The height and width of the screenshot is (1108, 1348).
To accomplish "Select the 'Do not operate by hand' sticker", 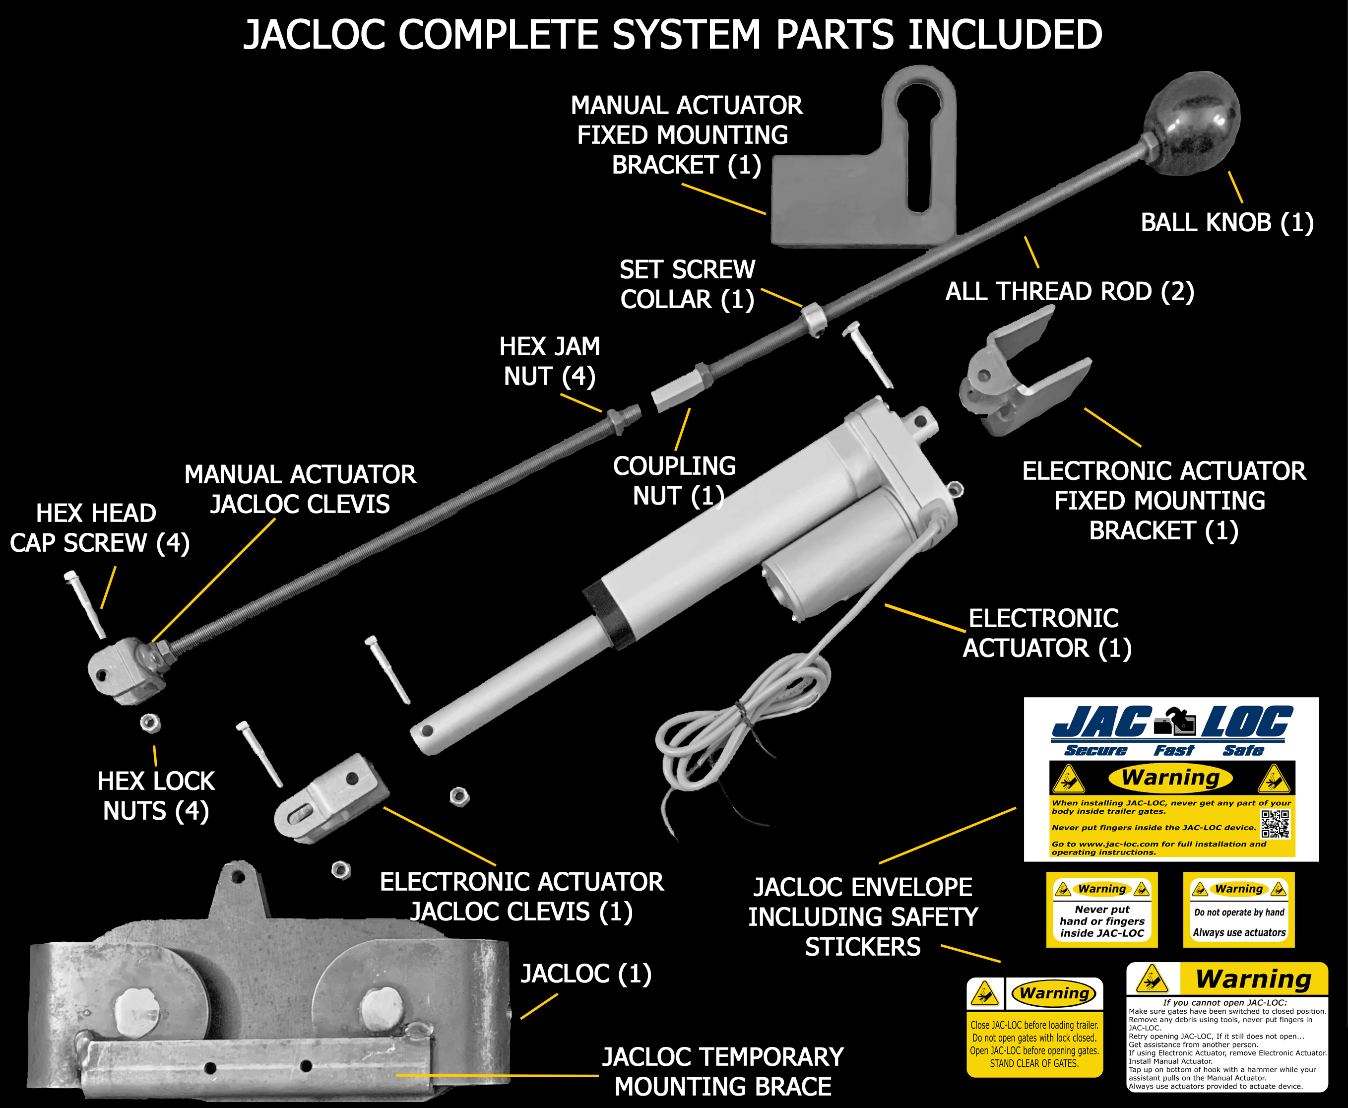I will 1238,910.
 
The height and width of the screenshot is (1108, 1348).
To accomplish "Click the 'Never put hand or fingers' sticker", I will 1101,910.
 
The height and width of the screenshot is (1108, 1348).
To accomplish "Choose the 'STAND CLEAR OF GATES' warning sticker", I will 1034,1027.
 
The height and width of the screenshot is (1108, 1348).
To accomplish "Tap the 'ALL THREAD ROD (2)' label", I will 1069,291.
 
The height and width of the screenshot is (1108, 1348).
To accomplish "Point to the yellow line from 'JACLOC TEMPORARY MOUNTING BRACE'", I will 498,1075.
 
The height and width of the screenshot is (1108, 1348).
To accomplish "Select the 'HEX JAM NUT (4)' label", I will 550,361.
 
